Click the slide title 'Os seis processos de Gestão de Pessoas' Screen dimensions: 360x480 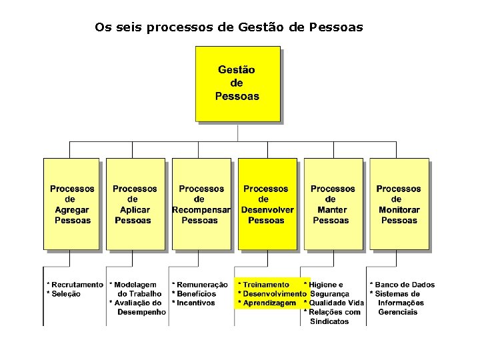(x=229, y=27)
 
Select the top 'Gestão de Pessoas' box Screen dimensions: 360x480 (x=237, y=83)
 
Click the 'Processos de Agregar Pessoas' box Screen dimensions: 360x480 (x=72, y=204)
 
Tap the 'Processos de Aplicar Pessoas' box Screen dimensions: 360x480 (x=135, y=204)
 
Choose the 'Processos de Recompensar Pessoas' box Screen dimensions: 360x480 (x=201, y=204)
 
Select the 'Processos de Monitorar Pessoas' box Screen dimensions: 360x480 (x=399, y=204)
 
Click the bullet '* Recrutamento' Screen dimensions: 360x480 (x=75, y=285)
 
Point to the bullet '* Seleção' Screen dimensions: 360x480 (x=64, y=294)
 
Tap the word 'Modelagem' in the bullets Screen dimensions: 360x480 (x=138, y=285)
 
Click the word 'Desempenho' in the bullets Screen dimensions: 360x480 (x=141, y=312)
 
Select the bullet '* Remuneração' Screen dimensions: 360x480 (x=199, y=285)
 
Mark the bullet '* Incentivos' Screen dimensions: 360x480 (x=194, y=303)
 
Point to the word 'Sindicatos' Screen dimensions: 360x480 (x=329, y=321)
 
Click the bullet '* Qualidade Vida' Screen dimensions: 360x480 (x=334, y=303)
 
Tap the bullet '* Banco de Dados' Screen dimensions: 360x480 (x=402, y=285)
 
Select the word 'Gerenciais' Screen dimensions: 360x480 (x=397, y=312)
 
